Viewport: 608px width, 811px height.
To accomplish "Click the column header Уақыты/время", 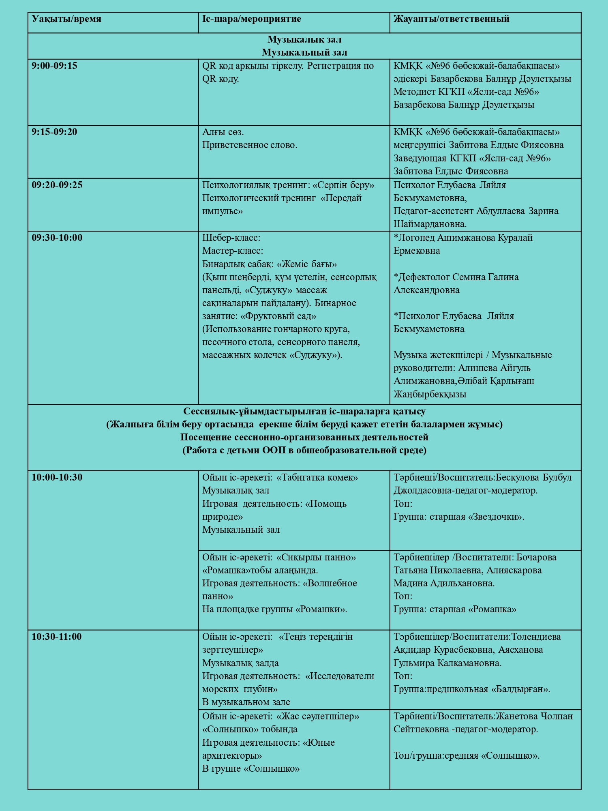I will tap(67, 19).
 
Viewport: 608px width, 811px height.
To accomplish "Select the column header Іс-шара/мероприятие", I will tap(251, 19).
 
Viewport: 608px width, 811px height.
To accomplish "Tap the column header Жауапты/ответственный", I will tap(451, 19).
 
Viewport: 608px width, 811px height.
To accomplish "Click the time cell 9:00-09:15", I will tap(54, 66).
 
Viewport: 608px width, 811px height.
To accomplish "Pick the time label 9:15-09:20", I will tap(54, 132).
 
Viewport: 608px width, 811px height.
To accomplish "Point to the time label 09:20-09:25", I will tap(57, 185).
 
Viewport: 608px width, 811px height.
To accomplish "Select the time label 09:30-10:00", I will tap(57, 238).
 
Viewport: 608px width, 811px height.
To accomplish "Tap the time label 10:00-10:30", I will tap(57, 478).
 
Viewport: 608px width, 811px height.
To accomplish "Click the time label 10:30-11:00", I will tap(57, 637).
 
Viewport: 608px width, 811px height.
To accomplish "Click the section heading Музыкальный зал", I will tap(304, 52).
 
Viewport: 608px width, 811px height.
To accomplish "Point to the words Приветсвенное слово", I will tap(250, 145).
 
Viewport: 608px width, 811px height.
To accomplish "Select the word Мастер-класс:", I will tap(233, 251).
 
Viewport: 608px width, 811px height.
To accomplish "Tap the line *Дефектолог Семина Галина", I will tap(456, 277).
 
